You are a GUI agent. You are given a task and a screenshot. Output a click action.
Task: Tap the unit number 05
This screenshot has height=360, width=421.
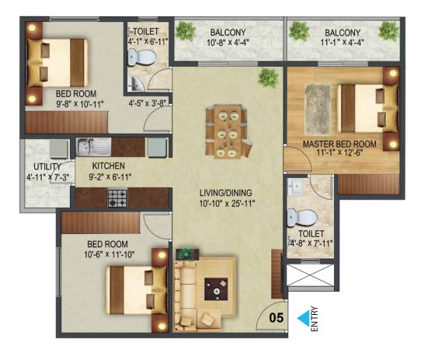(x=276, y=318)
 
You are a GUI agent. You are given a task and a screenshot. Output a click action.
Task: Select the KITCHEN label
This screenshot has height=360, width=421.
(x=109, y=166)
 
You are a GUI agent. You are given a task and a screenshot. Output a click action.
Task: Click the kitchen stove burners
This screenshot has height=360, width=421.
(x=117, y=197)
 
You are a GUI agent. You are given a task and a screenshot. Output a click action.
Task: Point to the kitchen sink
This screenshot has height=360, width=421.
(x=93, y=147)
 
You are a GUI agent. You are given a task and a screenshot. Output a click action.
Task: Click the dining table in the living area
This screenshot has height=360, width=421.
(x=228, y=131)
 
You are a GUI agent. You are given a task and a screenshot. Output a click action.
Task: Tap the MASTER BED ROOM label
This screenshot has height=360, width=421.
(x=339, y=144)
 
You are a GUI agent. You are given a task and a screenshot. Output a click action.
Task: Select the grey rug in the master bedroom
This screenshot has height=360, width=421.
(x=318, y=110)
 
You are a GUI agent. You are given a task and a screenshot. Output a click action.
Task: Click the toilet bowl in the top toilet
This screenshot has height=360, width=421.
(x=141, y=57)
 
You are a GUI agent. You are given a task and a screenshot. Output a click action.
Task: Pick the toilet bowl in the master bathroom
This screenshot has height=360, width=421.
(x=302, y=217)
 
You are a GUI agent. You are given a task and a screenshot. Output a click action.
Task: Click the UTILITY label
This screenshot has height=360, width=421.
(x=47, y=166)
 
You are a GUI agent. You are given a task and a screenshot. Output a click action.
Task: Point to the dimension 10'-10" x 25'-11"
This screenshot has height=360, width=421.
(x=227, y=204)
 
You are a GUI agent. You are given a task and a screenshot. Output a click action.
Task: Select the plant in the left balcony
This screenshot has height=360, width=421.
(x=186, y=30)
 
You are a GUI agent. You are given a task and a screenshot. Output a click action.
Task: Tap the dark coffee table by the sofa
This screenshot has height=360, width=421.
(x=216, y=289)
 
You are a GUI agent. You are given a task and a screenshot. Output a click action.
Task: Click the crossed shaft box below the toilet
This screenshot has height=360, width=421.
(x=311, y=275)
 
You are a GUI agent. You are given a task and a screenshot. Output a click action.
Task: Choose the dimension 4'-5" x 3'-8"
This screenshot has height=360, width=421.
(x=147, y=103)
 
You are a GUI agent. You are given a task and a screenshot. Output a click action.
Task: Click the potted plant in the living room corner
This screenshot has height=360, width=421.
(x=268, y=78)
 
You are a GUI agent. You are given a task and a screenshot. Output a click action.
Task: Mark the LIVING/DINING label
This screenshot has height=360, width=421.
(x=226, y=193)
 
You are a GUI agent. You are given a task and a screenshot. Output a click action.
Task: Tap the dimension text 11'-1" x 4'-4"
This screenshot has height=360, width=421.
(x=343, y=43)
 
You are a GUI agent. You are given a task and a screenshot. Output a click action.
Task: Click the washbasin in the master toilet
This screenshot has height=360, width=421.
(x=295, y=187)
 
